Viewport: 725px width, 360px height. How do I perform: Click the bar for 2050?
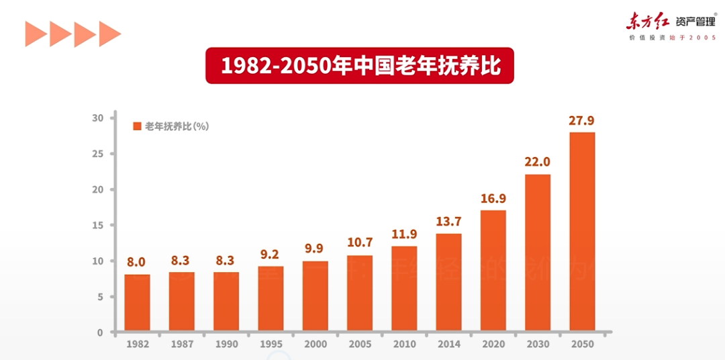click(582, 232)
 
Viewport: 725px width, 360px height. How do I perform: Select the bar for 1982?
click(137, 303)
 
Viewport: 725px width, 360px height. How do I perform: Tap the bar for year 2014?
click(448, 282)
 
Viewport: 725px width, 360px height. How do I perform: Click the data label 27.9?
click(581, 121)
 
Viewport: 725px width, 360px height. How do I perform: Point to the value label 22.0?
click(537, 163)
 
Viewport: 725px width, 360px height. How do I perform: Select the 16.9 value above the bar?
click(493, 199)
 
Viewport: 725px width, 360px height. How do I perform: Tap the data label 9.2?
click(271, 255)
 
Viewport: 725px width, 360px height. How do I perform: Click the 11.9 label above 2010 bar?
click(404, 235)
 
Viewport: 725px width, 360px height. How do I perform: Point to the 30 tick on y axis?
click(98, 118)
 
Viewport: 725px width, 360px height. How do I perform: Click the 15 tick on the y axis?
click(98, 225)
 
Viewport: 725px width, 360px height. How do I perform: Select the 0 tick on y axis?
click(100, 332)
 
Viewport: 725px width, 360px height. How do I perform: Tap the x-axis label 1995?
click(271, 345)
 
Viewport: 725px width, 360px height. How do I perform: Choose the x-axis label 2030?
click(537, 345)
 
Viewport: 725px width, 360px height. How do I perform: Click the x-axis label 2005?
click(360, 345)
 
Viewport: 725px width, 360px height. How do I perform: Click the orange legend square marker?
click(137, 126)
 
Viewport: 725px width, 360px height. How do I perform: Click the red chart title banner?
click(359, 65)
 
